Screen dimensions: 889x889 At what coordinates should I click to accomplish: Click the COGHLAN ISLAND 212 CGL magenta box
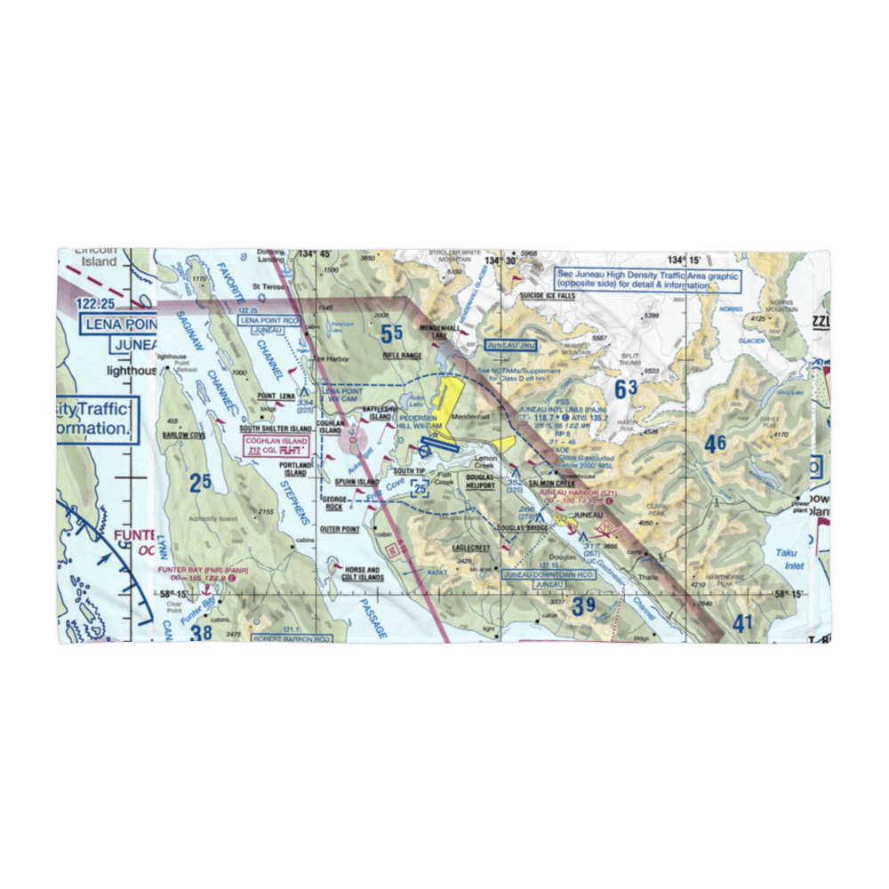coord(276,445)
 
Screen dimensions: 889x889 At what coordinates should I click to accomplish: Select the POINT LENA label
coord(276,396)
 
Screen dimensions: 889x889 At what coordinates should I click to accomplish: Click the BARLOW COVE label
coord(184,436)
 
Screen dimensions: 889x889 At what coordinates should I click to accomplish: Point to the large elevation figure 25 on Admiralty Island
coord(200,483)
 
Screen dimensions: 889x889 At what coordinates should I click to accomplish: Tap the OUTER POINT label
coord(340,529)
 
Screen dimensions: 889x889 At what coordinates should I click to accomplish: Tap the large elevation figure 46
coord(715,443)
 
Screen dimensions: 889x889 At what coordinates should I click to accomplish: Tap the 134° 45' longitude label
coord(305,253)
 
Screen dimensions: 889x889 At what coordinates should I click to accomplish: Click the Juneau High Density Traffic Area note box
coord(646,281)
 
